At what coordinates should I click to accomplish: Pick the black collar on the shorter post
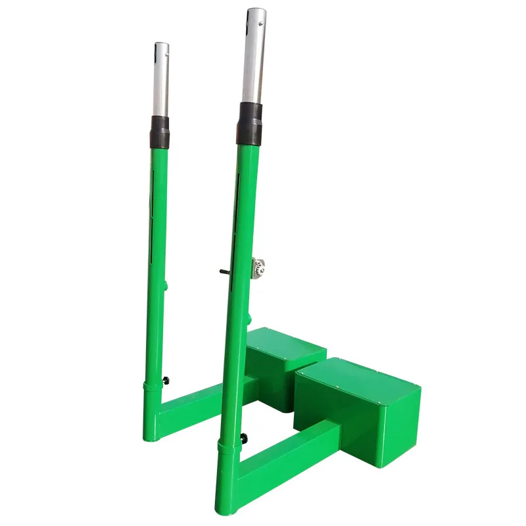click(x=160, y=131)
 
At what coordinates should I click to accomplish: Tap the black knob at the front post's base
click(x=245, y=439)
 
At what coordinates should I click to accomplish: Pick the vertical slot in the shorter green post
click(x=153, y=197)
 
